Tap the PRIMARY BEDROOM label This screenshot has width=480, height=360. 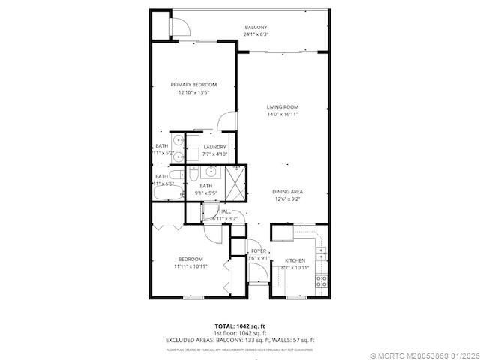point(193,85)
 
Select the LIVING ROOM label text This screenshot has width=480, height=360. point(283,107)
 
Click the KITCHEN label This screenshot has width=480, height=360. point(295,259)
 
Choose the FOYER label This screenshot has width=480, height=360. point(259,250)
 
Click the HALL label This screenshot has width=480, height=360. point(225,212)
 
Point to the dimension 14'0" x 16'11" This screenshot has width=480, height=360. point(283,115)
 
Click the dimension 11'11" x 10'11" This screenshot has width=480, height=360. point(190,266)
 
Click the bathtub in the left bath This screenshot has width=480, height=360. point(166,193)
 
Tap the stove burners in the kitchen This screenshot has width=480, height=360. point(321,281)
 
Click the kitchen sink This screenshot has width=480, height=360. point(321,250)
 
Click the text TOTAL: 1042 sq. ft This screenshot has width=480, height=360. point(240,325)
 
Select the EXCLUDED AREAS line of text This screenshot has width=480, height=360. point(240,340)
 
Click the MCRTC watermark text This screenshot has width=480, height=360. point(424,353)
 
